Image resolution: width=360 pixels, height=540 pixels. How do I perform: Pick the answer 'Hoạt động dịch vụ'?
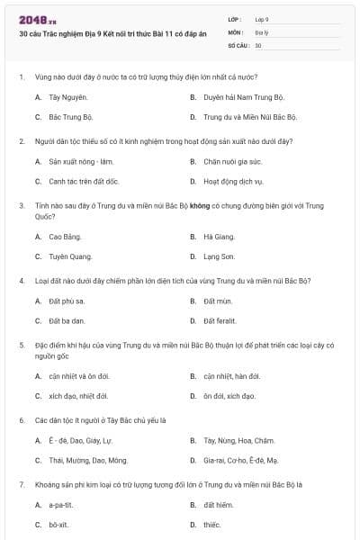pyautogui.click(x=231, y=181)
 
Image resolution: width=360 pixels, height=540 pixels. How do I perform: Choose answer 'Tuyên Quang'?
pyautogui.click(x=68, y=256)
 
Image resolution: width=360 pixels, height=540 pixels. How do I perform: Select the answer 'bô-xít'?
pyautogui.click(x=58, y=524)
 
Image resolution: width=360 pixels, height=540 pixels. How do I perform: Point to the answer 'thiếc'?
pyautogui.click(x=211, y=524)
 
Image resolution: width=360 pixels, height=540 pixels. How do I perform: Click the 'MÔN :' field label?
pyautogui.click(x=236, y=31)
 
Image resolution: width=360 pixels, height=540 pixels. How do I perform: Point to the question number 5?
pyautogui.click(x=22, y=345)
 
